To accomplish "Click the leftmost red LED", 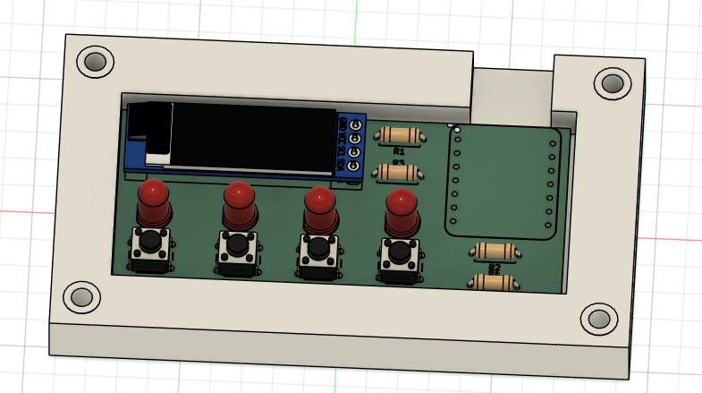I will pyautogui.click(x=154, y=203).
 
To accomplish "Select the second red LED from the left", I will pyautogui.click(x=239, y=205).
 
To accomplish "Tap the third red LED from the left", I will pyautogui.click(x=319, y=209).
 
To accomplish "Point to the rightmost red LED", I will pyautogui.click(x=401, y=212).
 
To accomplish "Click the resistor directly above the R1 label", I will pyautogui.click(x=399, y=136).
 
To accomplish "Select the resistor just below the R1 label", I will pyautogui.click(x=397, y=171).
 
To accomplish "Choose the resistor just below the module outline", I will pyautogui.click(x=495, y=252).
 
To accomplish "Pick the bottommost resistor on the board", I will pyautogui.click(x=493, y=283).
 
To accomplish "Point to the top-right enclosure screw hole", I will pyautogui.click(x=613, y=83).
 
